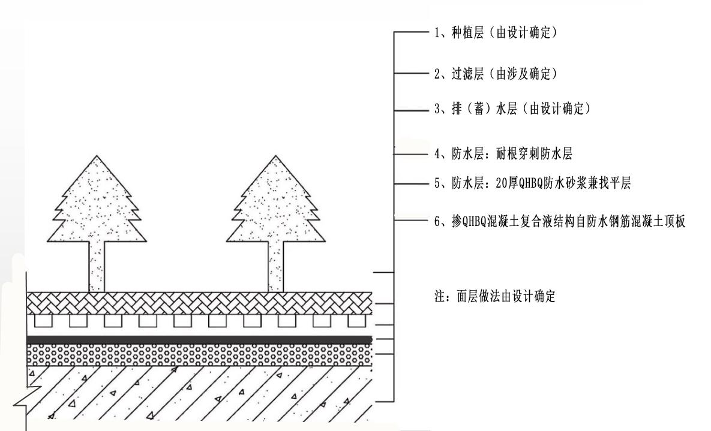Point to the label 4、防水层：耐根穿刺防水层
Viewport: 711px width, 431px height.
tap(503, 154)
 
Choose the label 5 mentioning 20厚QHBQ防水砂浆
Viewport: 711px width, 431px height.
tap(531, 185)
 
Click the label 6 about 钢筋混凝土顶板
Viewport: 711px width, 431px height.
tap(559, 221)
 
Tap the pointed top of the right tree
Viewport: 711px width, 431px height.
tap(273, 158)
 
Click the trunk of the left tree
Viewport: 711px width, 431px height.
tap(98, 267)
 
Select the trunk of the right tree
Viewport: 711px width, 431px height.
tap(275, 267)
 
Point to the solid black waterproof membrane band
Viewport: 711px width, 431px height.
tap(198, 340)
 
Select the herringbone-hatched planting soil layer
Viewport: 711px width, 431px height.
tap(198, 303)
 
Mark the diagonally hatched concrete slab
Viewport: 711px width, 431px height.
tap(198, 393)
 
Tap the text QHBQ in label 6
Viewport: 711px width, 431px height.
tap(472, 221)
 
